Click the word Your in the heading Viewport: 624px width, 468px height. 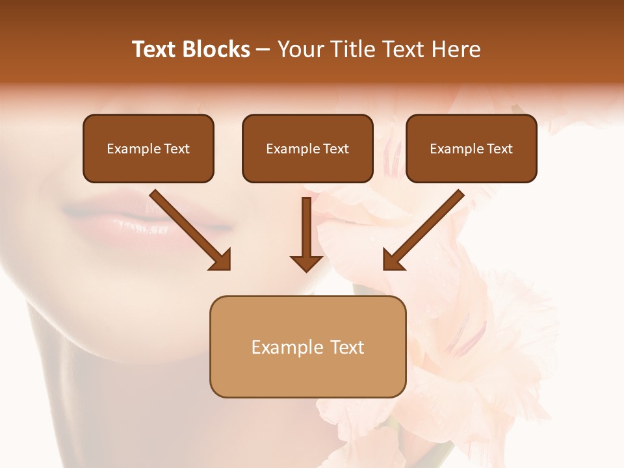click(x=300, y=49)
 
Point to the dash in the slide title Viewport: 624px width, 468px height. click(x=263, y=49)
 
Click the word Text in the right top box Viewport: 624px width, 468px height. click(x=500, y=149)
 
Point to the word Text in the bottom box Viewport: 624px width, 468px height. click(x=347, y=347)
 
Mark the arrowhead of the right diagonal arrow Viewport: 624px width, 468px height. click(x=393, y=260)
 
